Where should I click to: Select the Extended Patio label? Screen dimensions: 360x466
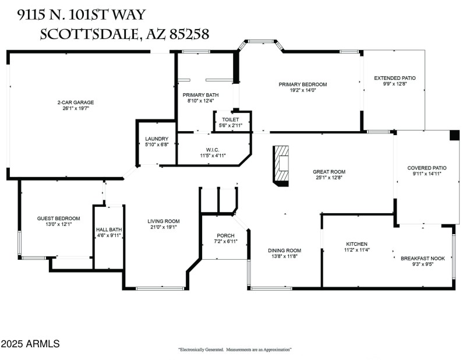point(394,78)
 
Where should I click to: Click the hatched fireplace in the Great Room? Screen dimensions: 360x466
point(283,165)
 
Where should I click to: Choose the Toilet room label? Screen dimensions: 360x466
point(230,119)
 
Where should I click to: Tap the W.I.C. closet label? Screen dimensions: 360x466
point(212,150)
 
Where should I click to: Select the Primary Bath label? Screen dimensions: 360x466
point(200,95)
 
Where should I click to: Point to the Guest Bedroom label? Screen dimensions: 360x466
point(59,218)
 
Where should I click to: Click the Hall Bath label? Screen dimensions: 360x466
point(109,230)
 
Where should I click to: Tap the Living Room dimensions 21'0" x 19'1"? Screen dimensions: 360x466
point(163,228)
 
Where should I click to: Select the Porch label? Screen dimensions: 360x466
point(224,235)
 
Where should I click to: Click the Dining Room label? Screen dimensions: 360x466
point(284,250)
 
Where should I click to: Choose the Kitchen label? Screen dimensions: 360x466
point(356,244)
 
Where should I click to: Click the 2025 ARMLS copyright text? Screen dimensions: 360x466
point(30,344)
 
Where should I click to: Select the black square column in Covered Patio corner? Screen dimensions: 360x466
point(454,135)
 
